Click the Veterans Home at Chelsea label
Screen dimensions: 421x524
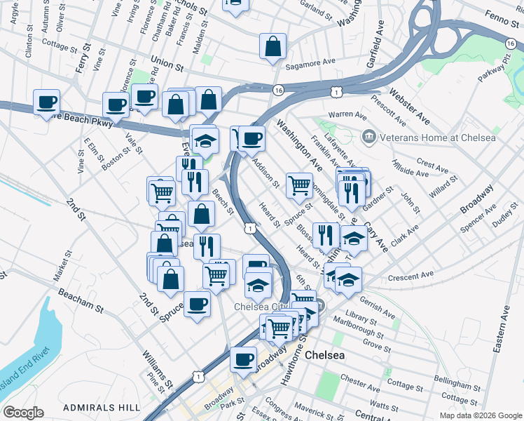pyautogui.click(x=437, y=138)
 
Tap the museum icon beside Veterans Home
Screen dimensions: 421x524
pyautogui.click(x=368, y=137)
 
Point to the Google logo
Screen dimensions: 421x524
pyautogui.click(x=23, y=413)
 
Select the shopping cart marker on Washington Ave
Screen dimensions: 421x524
pyautogui.click(x=299, y=186)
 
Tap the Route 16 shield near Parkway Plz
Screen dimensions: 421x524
pyautogui.click(x=509, y=44)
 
